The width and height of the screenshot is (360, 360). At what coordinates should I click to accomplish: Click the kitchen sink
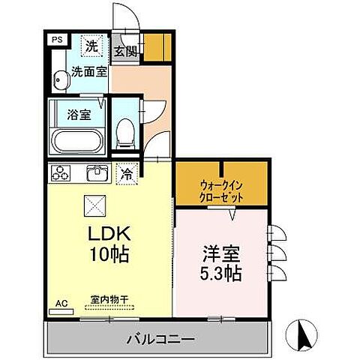tap(95, 174)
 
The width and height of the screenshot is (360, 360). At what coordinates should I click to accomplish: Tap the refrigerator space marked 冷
tap(127, 173)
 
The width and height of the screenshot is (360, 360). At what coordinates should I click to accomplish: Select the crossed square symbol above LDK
tap(96, 203)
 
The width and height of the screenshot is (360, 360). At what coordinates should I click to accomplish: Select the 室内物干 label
tap(109, 300)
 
